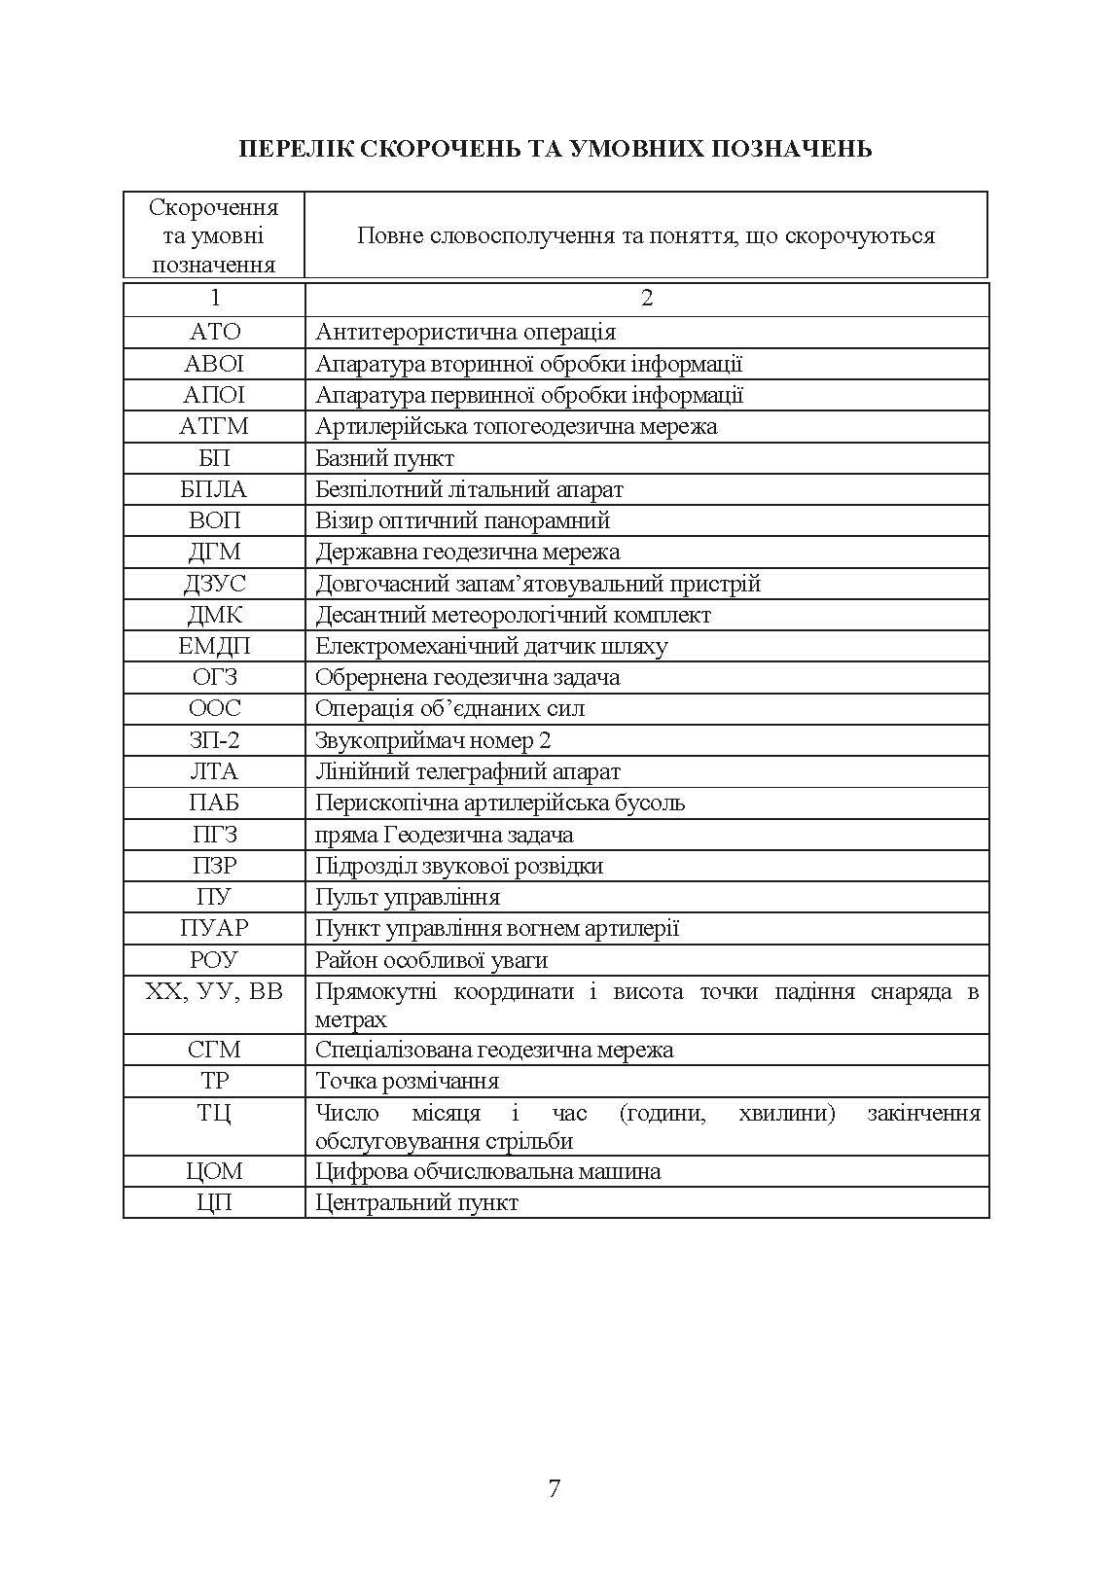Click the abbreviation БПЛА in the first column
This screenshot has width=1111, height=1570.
coord(214,489)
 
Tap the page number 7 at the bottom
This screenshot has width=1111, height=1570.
coord(555,1488)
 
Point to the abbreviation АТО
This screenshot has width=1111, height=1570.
coord(214,332)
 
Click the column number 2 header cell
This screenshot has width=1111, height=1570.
coord(647,299)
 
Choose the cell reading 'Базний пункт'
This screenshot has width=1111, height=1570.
coord(385,458)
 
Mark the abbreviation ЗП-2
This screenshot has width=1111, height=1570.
coord(214,741)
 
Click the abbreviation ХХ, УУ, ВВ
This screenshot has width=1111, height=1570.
coord(214,992)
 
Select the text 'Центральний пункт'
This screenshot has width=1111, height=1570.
coord(416,1203)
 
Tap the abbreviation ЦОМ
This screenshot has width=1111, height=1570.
coord(214,1171)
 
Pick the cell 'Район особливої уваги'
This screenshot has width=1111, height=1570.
coord(431,961)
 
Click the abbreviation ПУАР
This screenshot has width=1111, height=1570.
coord(214,929)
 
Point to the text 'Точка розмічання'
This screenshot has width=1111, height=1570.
coord(407,1082)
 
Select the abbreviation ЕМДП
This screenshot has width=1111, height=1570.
coord(214,647)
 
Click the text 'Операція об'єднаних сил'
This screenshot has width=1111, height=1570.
coord(449,709)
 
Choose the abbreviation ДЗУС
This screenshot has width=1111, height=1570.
coord(214,584)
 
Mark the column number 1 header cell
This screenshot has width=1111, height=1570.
coord(214,299)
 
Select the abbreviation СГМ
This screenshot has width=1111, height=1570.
coord(214,1051)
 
